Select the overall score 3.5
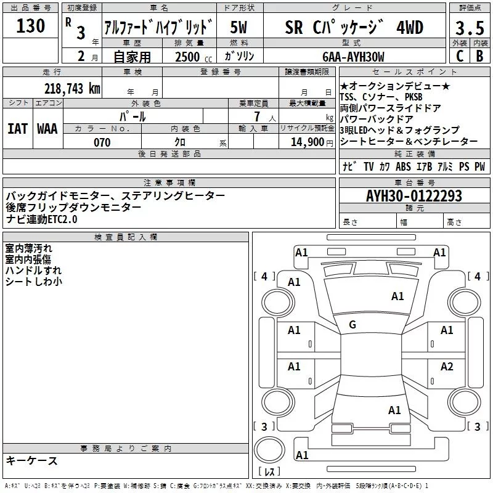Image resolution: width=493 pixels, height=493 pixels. (469, 28)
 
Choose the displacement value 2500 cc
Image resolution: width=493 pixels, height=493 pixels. (189, 57)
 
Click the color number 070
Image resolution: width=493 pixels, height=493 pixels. (102, 142)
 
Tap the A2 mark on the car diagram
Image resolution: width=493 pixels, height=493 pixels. (447, 367)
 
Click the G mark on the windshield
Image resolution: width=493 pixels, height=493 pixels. (352, 324)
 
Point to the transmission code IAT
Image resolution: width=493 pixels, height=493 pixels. (17, 128)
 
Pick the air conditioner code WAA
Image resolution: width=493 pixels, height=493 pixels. (47, 128)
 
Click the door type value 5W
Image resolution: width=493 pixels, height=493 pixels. (240, 28)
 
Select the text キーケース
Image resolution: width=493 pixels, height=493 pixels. (32, 460)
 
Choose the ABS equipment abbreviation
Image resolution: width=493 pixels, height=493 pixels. (403, 166)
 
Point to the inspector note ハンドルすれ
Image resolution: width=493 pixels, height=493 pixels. (33, 271)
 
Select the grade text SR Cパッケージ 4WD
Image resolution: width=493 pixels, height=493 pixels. (354, 28)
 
